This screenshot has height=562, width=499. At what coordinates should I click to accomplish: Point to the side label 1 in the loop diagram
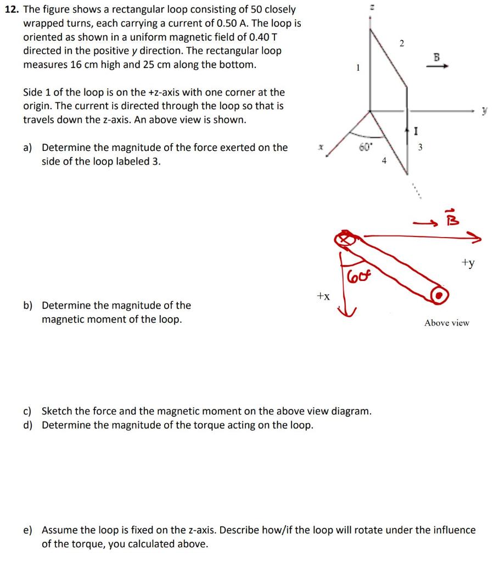358,68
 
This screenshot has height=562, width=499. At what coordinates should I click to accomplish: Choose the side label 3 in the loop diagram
420,147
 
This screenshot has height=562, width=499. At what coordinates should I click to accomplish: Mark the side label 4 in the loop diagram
384,161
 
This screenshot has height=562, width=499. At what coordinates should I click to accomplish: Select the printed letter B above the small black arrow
437,57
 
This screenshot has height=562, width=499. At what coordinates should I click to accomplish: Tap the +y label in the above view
468,263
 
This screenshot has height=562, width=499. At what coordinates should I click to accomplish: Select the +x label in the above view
323,296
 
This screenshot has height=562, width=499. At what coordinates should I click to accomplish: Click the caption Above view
446,323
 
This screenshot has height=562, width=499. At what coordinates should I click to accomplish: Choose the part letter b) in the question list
27,305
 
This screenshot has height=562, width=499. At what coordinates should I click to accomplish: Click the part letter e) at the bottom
27,530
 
